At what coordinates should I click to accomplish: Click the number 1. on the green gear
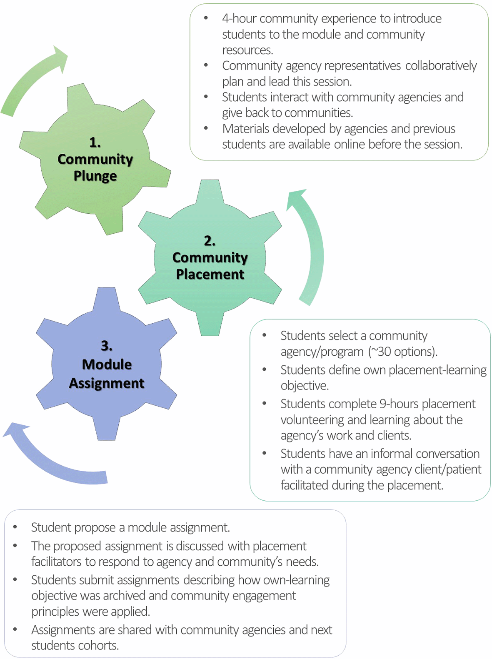coord(95,143)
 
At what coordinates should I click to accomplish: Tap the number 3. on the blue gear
coord(107,346)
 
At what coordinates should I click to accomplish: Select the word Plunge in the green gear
coord(95,176)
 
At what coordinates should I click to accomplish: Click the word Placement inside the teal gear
coord(210,274)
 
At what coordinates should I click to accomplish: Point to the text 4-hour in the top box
coord(239,19)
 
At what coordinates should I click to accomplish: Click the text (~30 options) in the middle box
coord(402,352)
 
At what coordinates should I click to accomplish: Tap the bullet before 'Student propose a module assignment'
coord(15,527)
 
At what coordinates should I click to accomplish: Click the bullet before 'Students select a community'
coord(265,335)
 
